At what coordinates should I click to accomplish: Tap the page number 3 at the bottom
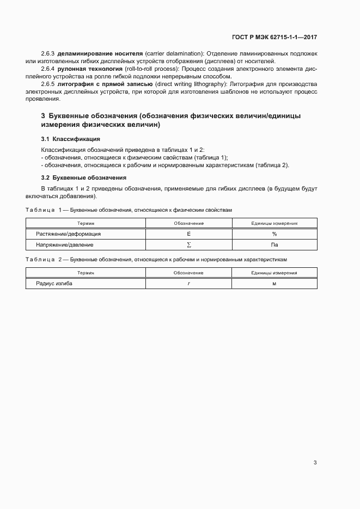point(315,463)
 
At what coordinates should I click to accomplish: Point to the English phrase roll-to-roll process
point(153,70)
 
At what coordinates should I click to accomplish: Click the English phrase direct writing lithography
point(189,85)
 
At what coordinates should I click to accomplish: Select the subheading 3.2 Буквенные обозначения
point(84,177)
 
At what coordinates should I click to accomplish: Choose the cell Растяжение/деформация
point(69,234)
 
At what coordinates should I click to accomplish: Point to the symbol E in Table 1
point(188,234)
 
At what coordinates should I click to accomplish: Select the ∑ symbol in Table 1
point(188,245)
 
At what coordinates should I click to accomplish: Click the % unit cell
point(274,234)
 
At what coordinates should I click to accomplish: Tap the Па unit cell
point(274,245)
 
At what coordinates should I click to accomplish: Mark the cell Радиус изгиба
point(54,284)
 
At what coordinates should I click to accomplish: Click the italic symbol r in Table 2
point(188,284)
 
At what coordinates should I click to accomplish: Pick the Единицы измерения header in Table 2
point(274,273)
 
